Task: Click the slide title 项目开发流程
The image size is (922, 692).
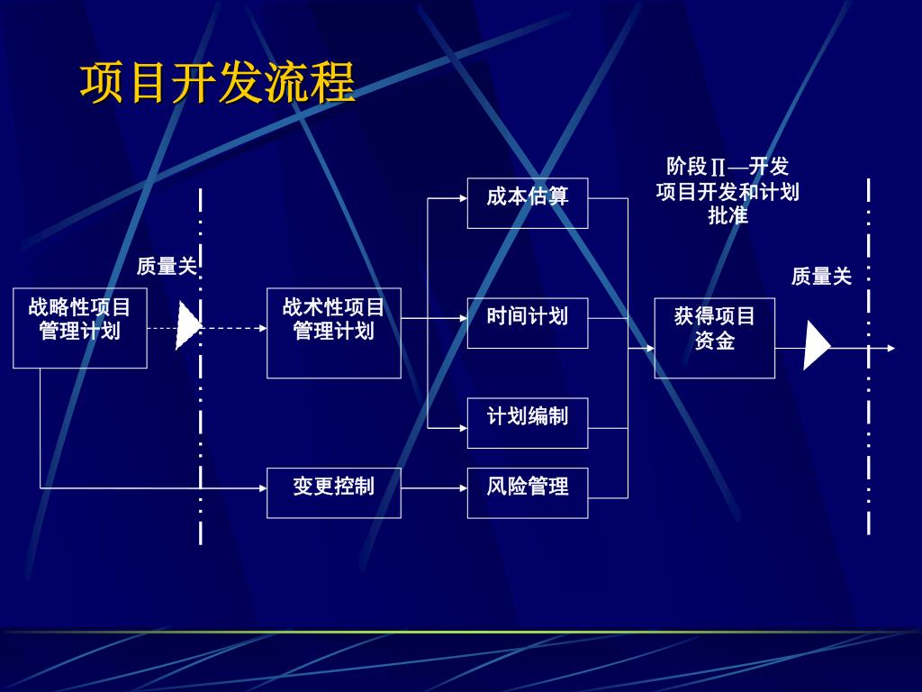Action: [218, 84]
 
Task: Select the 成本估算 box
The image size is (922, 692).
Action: [527, 203]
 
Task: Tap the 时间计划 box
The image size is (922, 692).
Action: [527, 323]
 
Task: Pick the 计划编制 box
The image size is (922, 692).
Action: [527, 423]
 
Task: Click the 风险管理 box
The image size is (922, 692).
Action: [527, 493]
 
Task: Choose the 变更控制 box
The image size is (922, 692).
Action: [333, 493]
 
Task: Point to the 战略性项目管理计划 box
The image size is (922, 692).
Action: [79, 328]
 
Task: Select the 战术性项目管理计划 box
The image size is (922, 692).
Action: [333, 332]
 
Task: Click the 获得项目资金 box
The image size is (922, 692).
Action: [714, 338]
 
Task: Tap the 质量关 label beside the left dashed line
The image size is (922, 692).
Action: [167, 266]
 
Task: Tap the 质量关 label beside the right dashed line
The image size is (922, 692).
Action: [821, 277]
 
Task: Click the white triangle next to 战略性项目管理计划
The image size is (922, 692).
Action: [187, 326]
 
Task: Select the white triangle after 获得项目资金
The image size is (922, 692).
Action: [816, 346]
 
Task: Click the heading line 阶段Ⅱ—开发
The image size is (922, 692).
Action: [728, 167]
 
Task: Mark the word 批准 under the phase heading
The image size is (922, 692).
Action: [728, 216]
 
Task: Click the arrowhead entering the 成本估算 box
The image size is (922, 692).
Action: [462, 198]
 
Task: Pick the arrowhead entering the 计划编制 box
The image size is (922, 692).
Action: [462, 428]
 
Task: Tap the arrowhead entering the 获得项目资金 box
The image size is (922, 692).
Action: [649, 348]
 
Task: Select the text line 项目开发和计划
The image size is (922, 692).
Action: [728, 192]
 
